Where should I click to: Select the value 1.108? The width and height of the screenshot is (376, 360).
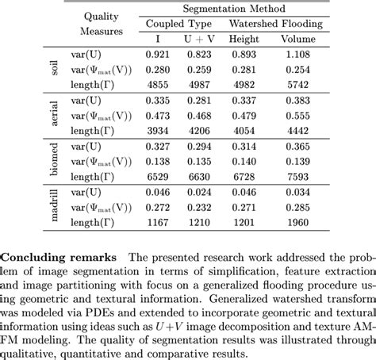304,53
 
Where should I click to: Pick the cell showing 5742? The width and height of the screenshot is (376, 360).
304,84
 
